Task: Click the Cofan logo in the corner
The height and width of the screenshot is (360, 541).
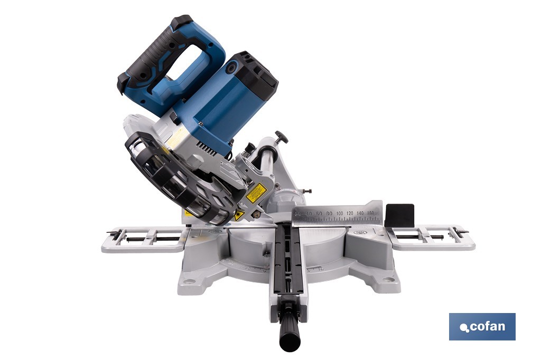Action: point(482,326)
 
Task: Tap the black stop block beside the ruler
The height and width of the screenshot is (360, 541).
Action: point(399,215)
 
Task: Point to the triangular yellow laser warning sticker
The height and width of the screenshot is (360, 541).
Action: point(239,215)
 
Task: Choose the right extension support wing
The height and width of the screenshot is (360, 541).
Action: point(431,237)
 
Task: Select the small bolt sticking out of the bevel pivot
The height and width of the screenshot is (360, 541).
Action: point(308,191)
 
